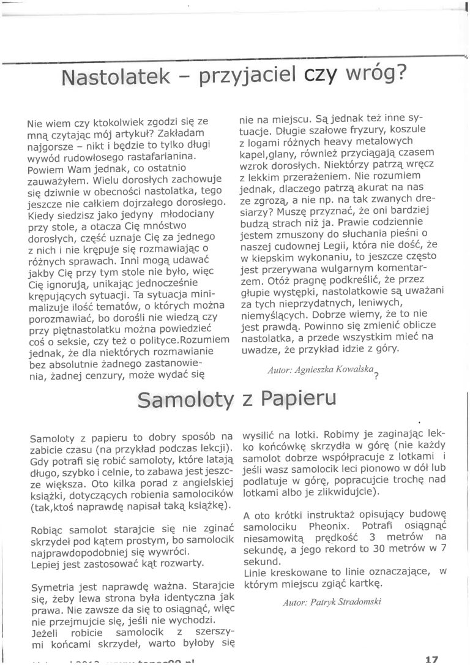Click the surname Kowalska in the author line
(347, 370)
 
